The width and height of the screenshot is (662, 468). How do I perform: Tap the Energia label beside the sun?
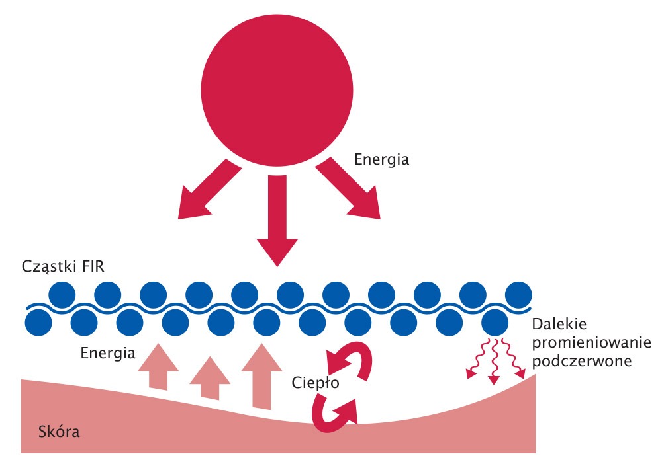tap(382, 159)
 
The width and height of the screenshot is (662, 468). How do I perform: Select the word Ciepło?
tap(313, 382)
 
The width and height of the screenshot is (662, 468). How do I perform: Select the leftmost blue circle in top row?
tap(62, 293)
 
